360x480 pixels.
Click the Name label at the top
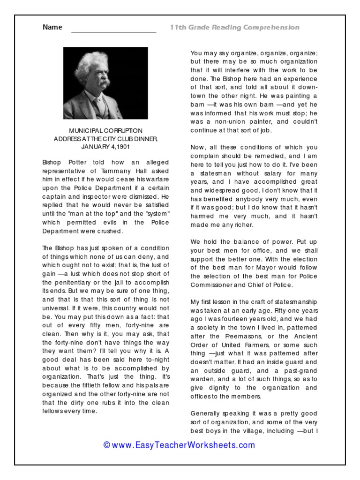52,27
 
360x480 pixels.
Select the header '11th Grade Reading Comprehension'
234,28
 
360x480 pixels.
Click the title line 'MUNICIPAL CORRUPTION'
105,131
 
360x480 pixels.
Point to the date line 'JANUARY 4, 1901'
105,147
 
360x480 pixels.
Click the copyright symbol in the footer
107,445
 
